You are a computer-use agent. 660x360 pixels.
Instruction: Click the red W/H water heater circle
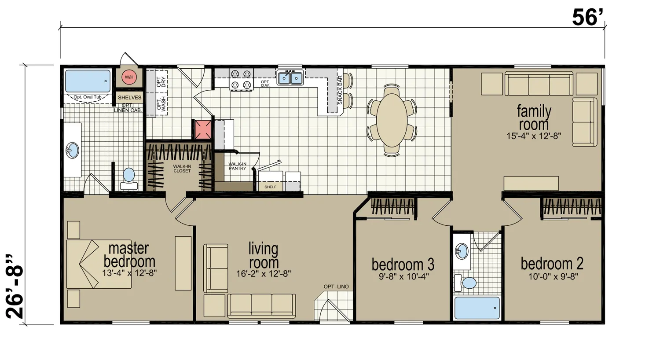pos(129,77)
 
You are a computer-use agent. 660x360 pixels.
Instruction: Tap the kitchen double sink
pos(290,78)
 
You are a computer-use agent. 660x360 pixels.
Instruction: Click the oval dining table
pos(392,120)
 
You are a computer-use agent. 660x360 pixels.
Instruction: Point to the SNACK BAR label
pos(340,90)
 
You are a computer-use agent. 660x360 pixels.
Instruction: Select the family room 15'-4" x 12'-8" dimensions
pos(534,136)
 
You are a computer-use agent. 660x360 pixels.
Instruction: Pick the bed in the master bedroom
pos(99,264)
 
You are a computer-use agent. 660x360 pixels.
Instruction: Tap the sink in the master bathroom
pos(72,150)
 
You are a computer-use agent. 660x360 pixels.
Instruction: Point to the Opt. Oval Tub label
pos(88,97)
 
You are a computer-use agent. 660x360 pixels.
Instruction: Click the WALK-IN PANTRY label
pos(238,166)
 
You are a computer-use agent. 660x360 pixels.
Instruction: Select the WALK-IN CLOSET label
pos(182,169)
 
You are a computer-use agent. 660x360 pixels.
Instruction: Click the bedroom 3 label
pos(403,264)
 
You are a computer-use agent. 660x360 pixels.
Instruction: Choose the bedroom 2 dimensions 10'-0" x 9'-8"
pos(552,276)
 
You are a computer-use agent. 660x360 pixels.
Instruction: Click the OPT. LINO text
pos(336,287)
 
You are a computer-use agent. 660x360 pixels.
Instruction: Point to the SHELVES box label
pos(130,98)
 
